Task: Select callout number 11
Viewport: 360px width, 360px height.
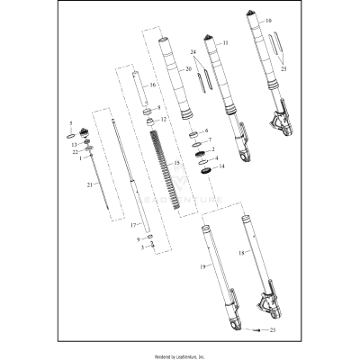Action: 225,42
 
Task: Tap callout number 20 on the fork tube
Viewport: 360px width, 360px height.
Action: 188,68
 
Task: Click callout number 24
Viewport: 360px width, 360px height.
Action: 193,52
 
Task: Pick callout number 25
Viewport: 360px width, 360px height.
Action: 286,68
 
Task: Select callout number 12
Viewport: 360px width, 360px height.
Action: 163,119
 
